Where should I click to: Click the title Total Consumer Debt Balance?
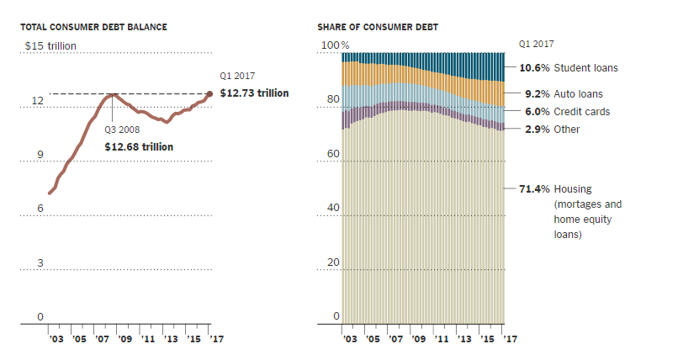93,27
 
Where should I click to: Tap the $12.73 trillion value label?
254,93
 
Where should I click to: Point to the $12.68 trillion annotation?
139,146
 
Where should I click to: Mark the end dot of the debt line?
209,94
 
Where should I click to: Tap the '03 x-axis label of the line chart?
56,338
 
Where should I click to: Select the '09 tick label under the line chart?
125,338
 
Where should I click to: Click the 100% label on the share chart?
333,45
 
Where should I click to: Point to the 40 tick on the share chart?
331,209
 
